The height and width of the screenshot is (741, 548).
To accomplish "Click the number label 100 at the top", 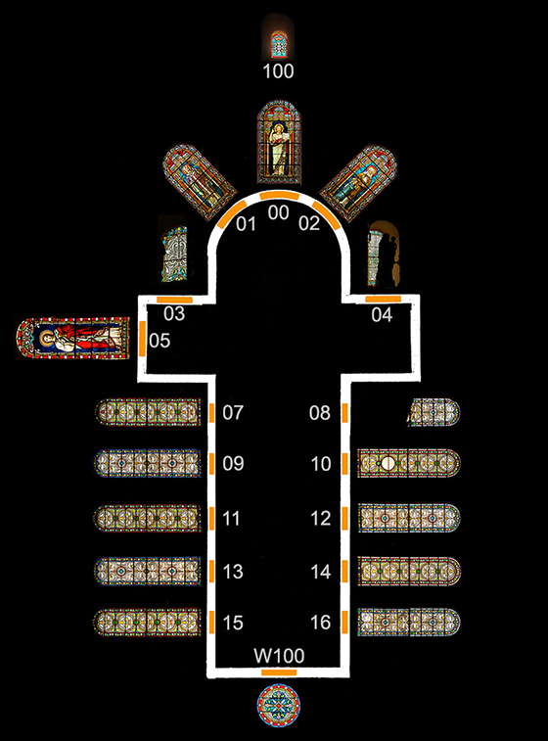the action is [x=278, y=71].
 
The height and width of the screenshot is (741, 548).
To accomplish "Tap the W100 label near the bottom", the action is [x=279, y=656].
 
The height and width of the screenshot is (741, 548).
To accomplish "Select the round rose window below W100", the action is [x=279, y=705].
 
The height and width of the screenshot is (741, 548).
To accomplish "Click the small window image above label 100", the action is [x=279, y=44].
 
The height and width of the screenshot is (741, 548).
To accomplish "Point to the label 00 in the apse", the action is [x=278, y=212].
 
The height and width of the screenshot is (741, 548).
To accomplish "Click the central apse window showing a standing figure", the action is [x=279, y=142].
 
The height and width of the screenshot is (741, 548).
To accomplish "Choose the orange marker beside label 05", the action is [x=142, y=338].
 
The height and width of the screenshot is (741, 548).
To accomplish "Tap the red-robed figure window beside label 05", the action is [x=72, y=339].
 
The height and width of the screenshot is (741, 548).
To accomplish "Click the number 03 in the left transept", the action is [x=174, y=313].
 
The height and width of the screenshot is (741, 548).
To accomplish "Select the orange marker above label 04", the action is [x=384, y=299].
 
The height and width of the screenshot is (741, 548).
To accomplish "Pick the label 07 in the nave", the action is [x=233, y=412].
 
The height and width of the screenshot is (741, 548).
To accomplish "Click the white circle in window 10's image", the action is [x=388, y=464].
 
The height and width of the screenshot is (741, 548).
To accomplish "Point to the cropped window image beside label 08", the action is [x=434, y=412].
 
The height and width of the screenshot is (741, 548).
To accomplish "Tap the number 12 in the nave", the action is [x=321, y=519].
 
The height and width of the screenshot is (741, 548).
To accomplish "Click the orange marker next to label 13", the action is [x=212, y=571].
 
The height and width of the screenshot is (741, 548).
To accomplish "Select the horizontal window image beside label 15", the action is [x=148, y=622].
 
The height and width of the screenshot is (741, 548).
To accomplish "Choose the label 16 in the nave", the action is [x=321, y=623].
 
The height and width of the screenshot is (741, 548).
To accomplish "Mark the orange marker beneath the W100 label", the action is [x=279, y=672].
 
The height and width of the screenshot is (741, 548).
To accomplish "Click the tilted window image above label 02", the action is [x=358, y=183].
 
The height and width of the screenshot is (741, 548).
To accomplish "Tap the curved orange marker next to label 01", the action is [x=232, y=213].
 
